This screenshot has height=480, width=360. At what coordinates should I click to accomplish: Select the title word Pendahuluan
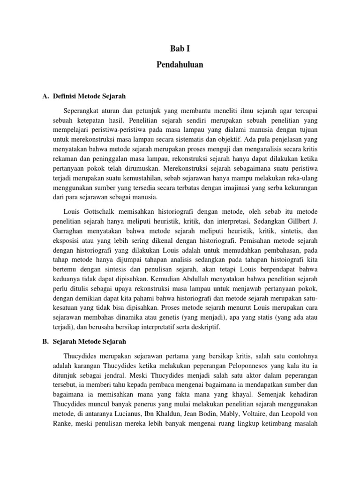pyautogui.click(x=180, y=65)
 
